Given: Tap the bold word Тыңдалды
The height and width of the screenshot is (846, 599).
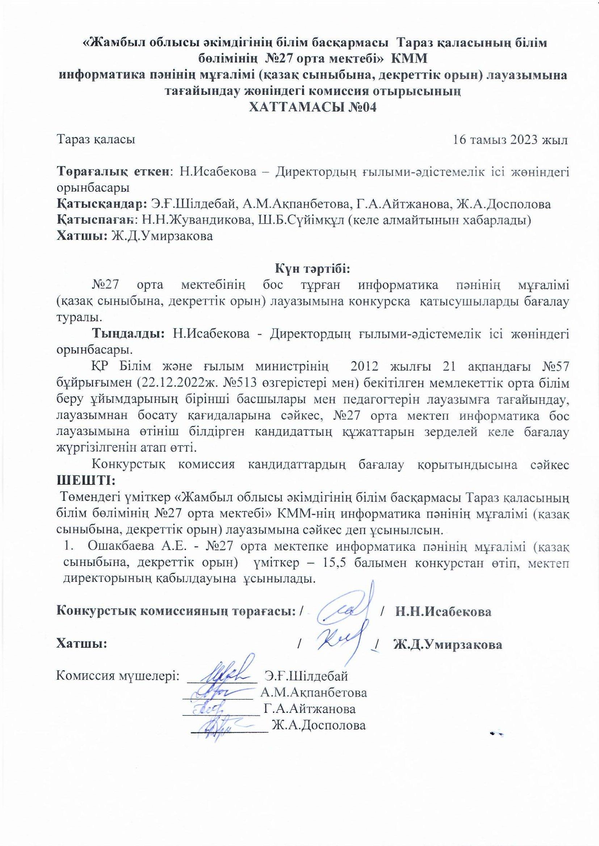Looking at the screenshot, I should point(128,333).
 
